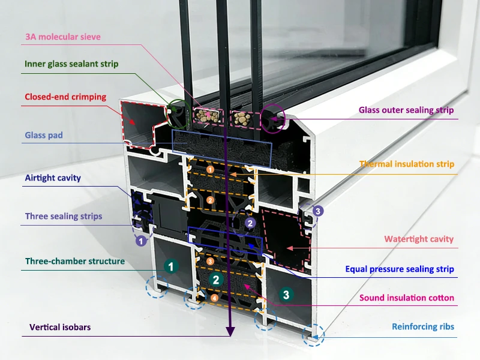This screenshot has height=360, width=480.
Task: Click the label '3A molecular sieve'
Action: [63, 37]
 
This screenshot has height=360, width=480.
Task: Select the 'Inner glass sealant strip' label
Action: [71, 64]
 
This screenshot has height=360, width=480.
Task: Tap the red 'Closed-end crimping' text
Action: [65, 97]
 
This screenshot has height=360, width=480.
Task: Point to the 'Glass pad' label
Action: [44, 136]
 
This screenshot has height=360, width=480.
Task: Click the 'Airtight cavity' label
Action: [53, 178]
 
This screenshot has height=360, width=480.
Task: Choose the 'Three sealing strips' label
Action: [64, 216]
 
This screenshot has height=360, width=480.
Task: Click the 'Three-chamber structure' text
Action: [75, 261]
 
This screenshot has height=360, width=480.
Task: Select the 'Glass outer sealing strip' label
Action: [406, 110]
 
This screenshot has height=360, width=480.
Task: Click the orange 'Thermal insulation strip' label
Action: [407, 164]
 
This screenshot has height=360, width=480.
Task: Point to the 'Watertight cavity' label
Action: [419, 239]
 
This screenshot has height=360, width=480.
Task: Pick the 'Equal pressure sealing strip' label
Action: [400, 269]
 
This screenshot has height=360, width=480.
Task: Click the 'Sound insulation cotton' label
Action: [407, 298]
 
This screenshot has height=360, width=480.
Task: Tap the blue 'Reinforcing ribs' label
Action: [423, 327]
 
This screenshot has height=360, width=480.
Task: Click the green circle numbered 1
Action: [172, 266]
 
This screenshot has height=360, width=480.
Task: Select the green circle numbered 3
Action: [286, 295]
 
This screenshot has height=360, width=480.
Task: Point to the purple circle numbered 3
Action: [318, 211]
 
